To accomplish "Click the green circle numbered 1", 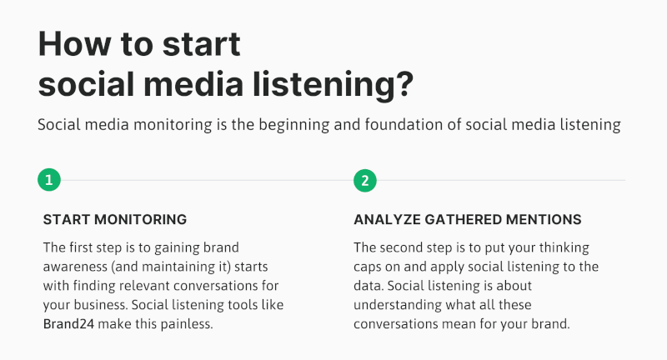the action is [x=49, y=180].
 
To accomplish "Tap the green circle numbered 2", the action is [x=365, y=181].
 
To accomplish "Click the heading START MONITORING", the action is [x=115, y=219].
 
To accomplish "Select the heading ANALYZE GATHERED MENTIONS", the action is [x=468, y=219].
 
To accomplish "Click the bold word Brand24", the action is [x=68, y=324].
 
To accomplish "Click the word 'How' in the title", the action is [x=74, y=43].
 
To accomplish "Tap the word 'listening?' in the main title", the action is [x=333, y=84].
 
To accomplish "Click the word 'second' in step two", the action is [x=404, y=247].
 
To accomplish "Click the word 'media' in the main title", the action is [x=193, y=83].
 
